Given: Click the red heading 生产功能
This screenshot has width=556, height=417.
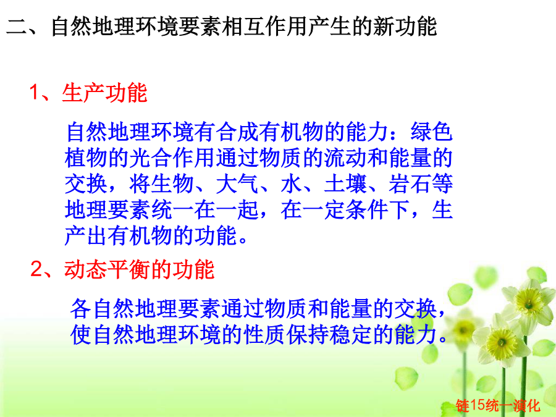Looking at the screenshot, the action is pos(104,93).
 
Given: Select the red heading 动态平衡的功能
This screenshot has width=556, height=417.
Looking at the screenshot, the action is pos(140,269).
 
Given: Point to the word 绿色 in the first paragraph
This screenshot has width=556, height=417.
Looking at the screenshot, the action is pos(432,132).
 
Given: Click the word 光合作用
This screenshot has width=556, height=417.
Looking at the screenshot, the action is pos(173,158).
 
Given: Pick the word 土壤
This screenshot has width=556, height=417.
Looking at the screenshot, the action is pos(345,183).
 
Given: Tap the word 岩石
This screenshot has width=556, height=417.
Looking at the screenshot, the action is pos(410,183).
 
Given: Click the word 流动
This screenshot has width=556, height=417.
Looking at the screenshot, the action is pos(345,158).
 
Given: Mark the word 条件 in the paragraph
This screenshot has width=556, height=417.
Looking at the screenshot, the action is pos(367,209).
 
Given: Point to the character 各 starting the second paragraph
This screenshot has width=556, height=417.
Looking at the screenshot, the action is pos(81,308).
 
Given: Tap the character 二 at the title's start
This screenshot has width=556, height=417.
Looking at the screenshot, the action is pos(17,27).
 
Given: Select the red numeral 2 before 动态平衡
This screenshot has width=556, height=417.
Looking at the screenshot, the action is pos(37,269).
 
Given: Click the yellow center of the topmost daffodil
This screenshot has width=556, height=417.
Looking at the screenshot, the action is pos(528,303).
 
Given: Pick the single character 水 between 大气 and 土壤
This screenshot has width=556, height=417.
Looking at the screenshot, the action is pos(292,183).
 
